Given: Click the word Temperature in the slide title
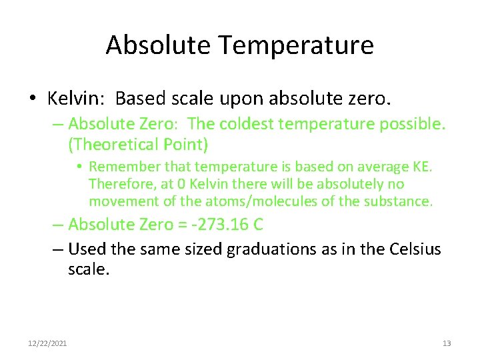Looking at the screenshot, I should tap(295, 45).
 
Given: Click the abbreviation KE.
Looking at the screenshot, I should tap(423, 167).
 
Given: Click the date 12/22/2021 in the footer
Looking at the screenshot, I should tap(47, 343).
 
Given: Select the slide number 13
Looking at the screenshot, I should tap(447, 343).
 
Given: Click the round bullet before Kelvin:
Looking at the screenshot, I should tap(33, 99).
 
